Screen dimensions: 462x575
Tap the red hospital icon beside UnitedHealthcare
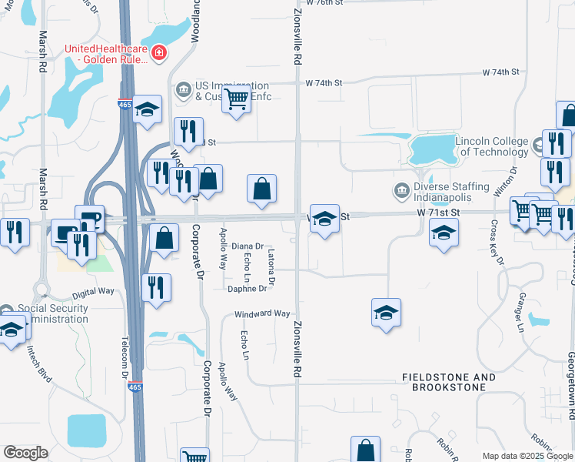159,52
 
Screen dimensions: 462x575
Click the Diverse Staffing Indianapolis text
452,192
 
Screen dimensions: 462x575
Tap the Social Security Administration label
52,313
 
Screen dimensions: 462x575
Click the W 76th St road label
323,3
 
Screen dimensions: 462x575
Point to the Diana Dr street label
247,246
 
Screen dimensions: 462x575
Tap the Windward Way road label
262,314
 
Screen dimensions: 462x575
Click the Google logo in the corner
25,453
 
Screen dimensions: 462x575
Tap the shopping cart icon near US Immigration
236,99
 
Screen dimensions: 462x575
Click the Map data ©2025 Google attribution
526,456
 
